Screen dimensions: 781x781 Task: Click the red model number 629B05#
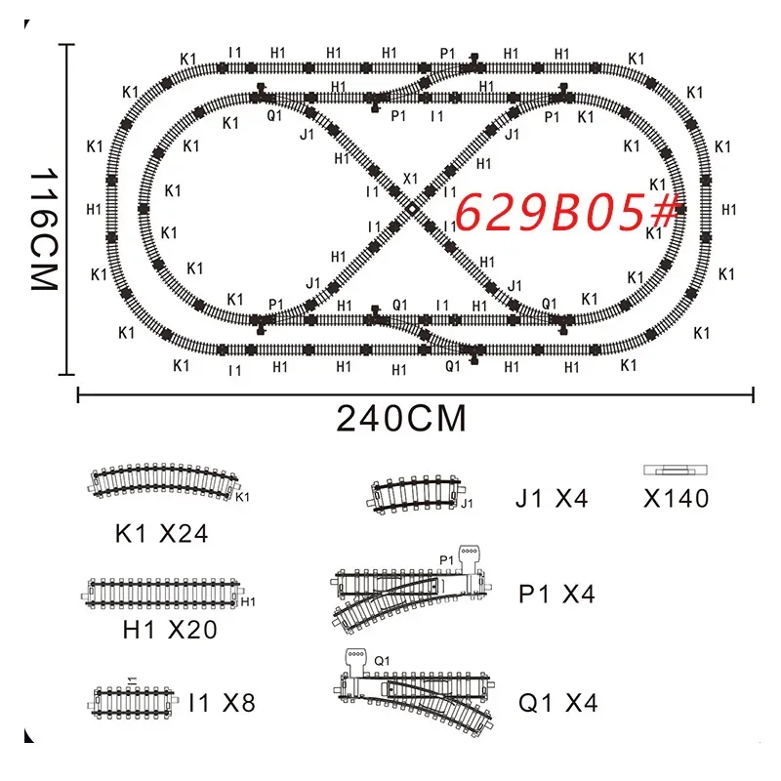(x=568, y=212)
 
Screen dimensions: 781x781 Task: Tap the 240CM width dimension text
(x=401, y=419)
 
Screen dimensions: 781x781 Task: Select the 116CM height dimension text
(x=45, y=228)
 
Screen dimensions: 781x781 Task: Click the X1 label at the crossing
(x=410, y=179)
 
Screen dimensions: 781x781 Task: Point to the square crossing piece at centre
(x=412, y=210)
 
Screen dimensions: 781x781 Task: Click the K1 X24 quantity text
(x=161, y=533)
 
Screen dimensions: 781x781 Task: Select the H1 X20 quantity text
(x=170, y=630)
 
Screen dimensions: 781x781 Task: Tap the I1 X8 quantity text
(x=223, y=703)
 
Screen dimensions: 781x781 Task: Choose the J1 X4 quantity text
(x=552, y=498)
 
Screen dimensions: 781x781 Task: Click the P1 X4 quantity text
(x=556, y=594)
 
